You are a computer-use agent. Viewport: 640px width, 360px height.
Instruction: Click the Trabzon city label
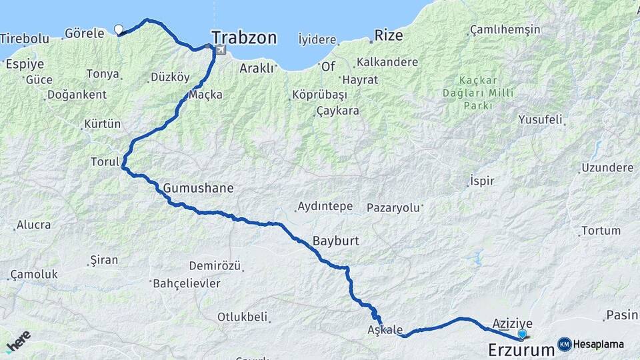click(244, 37)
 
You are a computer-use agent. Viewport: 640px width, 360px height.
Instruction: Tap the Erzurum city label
click(521, 349)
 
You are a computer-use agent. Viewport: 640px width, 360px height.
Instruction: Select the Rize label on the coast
click(389, 35)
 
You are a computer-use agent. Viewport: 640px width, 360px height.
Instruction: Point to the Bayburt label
click(336, 241)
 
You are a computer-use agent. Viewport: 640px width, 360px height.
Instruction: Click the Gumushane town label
click(198, 188)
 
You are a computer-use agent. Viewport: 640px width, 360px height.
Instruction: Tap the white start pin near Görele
click(119, 29)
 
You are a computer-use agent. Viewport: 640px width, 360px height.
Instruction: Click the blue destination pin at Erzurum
click(522, 334)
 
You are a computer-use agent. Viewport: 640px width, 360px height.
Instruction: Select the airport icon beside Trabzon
click(220, 50)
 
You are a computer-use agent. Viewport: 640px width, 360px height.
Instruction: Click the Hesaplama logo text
click(599, 344)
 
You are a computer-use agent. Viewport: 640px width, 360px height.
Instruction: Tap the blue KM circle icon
click(564, 344)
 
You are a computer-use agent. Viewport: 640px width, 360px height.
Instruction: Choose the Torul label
click(105, 161)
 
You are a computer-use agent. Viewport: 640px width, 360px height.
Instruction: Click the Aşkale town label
click(385, 329)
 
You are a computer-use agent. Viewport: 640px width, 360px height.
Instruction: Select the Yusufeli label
click(541, 120)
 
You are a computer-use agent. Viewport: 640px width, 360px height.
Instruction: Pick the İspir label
click(481, 181)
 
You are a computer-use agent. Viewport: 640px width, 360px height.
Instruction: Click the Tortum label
click(601, 231)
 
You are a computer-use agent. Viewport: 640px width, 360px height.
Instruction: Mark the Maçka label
click(206, 95)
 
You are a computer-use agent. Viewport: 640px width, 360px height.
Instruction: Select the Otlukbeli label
click(242, 317)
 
